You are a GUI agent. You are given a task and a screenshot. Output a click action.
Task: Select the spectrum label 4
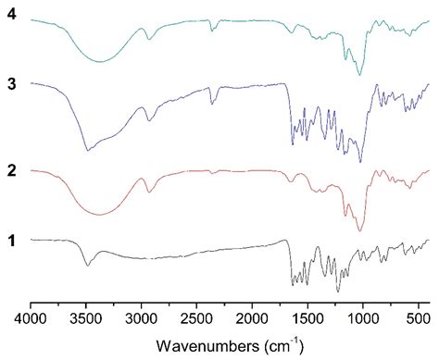click(x=12, y=15)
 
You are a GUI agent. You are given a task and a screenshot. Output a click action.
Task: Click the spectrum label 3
click(x=12, y=83)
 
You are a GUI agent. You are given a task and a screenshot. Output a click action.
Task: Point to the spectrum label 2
click(x=12, y=170)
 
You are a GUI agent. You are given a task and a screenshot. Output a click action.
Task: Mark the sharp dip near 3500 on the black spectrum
click(x=88, y=266)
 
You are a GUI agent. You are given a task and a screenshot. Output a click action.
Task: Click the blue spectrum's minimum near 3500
click(x=88, y=150)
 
